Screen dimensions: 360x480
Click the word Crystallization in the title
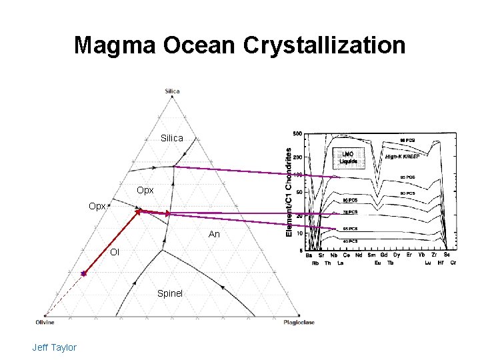click(x=324, y=45)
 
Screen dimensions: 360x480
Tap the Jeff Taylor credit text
click(x=54, y=347)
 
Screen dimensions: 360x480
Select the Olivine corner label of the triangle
click(x=45, y=322)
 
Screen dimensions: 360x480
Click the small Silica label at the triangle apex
click(x=172, y=91)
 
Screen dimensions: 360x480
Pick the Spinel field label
click(x=170, y=293)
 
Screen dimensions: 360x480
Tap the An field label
click(x=214, y=235)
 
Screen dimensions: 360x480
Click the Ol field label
click(x=115, y=252)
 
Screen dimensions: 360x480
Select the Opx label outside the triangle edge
click(x=97, y=207)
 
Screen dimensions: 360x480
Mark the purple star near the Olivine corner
click(x=84, y=273)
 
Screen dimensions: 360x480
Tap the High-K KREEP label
click(x=402, y=157)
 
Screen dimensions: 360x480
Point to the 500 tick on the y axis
click(x=297, y=134)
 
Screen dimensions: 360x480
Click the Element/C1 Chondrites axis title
click(x=289, y=191)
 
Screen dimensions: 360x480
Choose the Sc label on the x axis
click(x=447, y=255)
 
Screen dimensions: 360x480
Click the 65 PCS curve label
click(x=349, y=229)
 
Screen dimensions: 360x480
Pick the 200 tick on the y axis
click(x=297, y=157)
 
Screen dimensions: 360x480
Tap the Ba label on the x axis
click(x=309, y=255)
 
